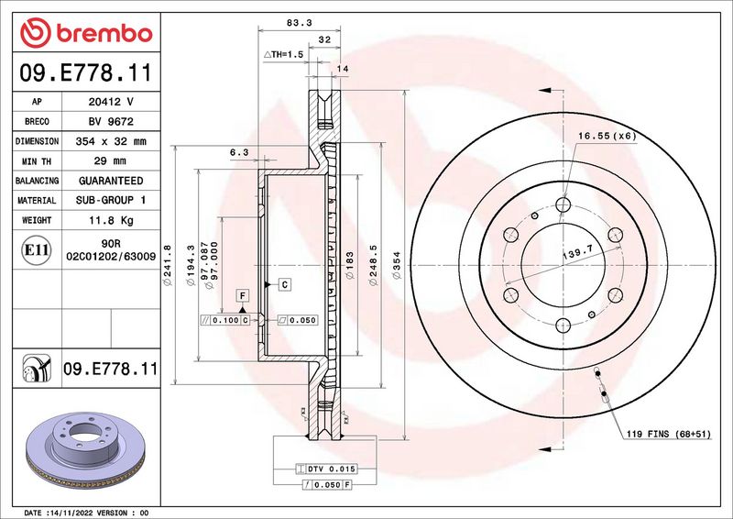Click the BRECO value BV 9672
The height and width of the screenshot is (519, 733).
coord(110,122)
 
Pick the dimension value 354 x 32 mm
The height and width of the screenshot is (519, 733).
coord(111,142)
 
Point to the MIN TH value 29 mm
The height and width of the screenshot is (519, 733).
coord(111,161)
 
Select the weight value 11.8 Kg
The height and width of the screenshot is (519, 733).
coord(111,220)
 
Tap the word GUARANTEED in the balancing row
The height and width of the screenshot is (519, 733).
coord(111,181)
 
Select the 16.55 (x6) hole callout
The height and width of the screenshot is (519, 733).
coord(607,136)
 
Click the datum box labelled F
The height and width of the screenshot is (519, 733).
coord(243,295)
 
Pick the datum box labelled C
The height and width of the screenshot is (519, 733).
coord(285,285)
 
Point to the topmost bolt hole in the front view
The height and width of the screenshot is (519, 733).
coord(563,204)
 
